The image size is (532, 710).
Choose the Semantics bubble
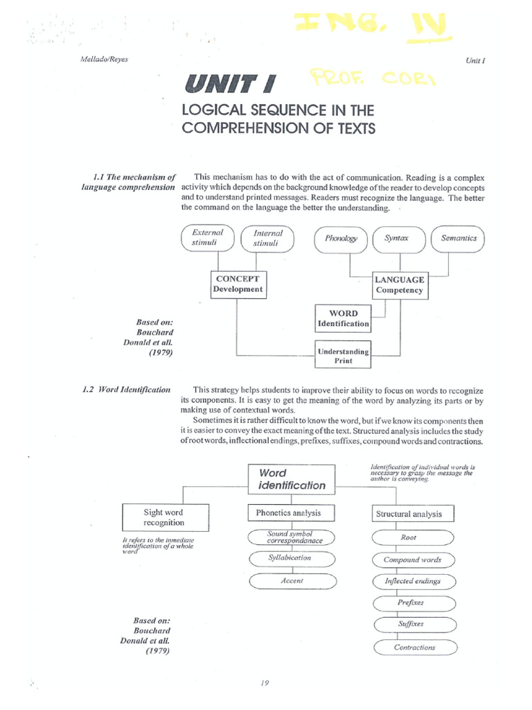458,239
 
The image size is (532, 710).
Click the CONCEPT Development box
238,284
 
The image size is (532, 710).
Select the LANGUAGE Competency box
399,285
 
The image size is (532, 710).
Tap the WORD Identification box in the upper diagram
343,318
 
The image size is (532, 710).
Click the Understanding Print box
343,356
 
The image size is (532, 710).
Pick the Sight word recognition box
163,517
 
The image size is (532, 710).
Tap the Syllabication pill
290,558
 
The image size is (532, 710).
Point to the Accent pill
292,581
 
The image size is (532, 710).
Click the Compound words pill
413,560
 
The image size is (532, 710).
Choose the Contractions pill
414,648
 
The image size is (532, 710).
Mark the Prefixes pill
411,603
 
